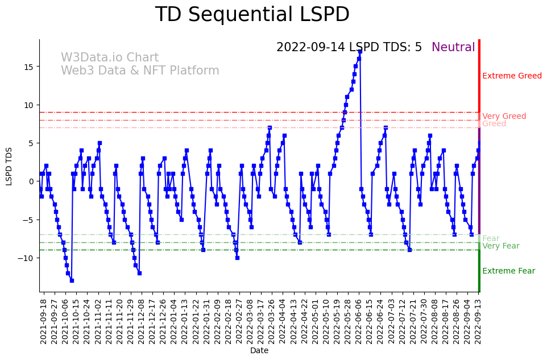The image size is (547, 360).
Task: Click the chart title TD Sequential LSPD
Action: (252, 15)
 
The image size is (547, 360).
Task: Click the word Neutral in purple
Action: (453, 47)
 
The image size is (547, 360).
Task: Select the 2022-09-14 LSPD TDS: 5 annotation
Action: (349, 47)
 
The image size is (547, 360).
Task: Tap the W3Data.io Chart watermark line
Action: (110, 57)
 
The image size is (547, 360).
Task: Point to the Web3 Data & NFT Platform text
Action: (140, 71)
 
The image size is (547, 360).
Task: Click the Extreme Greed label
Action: (512, 76)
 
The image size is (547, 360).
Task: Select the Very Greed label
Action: (504, 116)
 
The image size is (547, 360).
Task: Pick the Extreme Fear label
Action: (508, 271)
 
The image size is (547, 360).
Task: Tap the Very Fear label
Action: (500, 246)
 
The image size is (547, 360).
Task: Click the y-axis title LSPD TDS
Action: (9, 166)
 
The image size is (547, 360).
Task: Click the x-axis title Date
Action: (259, 350)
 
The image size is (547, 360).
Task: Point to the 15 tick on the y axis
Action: (30, 67)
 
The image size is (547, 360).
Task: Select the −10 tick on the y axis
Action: (27, 258)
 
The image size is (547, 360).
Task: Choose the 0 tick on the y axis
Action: (32, 181)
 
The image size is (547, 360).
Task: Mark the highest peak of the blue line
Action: (360, 51)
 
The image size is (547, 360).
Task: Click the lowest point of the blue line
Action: (72, 280)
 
